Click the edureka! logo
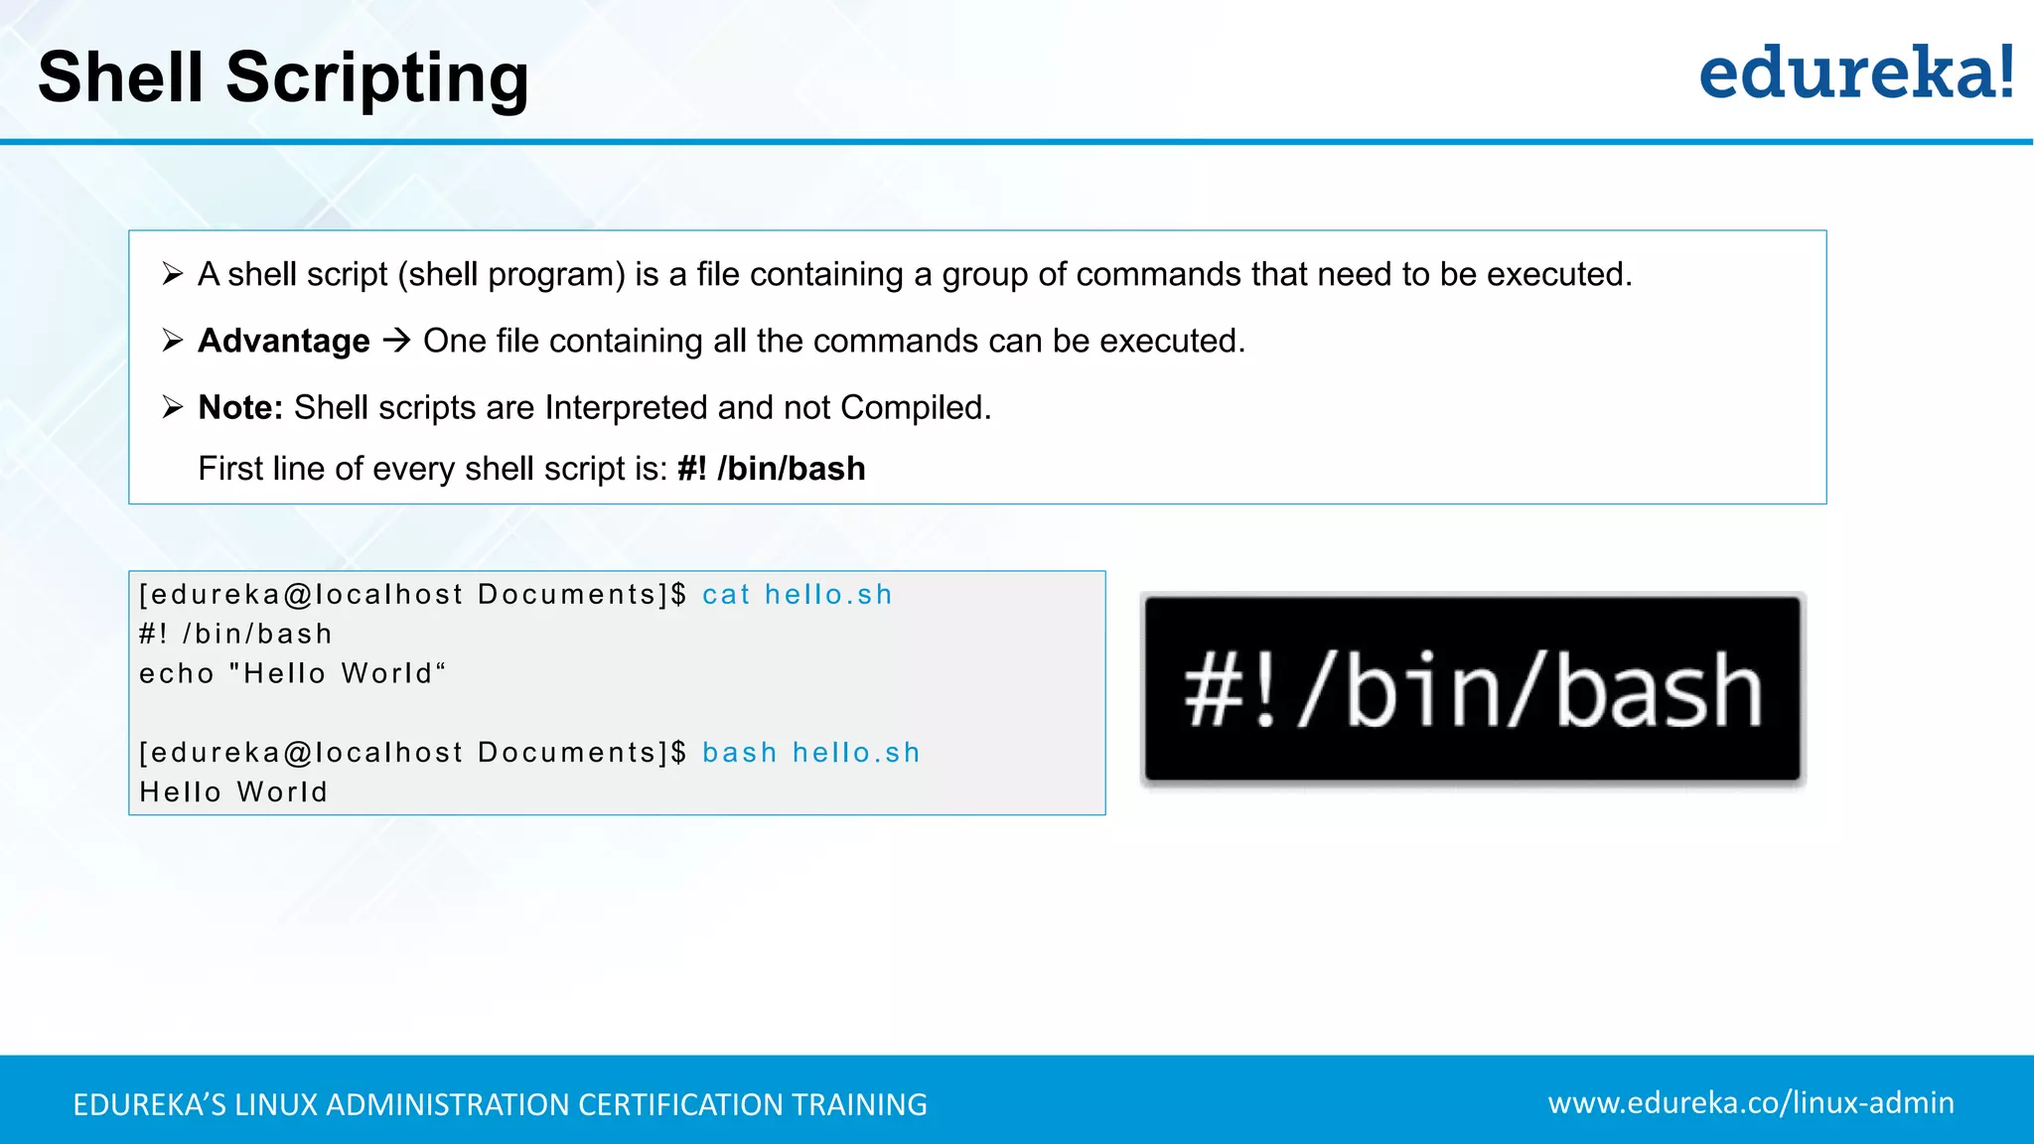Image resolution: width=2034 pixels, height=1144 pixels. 1855,73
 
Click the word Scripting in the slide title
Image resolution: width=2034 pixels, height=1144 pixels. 377,77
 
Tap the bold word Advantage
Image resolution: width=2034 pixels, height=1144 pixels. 284,341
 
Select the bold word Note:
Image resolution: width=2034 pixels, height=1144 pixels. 240,407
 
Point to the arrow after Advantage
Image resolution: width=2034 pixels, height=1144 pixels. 397,341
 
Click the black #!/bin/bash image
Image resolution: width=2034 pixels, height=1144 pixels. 1472,689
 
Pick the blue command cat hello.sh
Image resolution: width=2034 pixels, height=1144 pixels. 797,595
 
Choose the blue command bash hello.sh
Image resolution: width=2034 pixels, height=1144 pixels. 810,753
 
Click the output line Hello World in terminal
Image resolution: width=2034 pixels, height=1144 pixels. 233,792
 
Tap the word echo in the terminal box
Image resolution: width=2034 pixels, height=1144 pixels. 177,674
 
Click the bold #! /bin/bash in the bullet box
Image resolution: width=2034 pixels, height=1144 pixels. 771,469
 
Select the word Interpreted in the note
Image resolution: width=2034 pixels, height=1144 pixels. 626,407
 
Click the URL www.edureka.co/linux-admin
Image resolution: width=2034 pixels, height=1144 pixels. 1750,1103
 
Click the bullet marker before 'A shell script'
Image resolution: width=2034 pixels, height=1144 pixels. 173,274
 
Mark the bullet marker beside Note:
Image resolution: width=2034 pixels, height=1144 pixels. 173,407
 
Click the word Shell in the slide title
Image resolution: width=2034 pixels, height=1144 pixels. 121,77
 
